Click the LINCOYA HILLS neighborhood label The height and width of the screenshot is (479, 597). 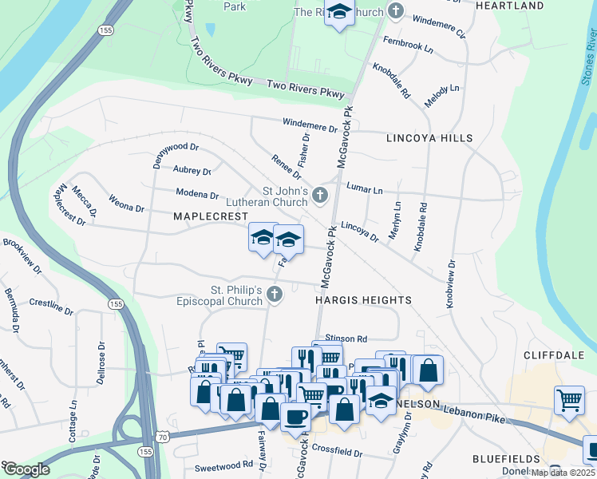429,138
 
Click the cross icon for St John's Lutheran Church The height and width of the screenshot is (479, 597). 319,195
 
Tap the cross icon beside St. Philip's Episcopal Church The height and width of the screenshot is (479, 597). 274,295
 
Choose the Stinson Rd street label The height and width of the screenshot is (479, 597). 346,339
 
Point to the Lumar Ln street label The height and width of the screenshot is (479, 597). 364,188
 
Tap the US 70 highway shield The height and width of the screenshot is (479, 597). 163,437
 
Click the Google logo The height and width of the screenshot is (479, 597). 26,469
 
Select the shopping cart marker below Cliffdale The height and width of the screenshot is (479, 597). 569,399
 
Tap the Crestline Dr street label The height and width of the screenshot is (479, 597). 51,303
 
